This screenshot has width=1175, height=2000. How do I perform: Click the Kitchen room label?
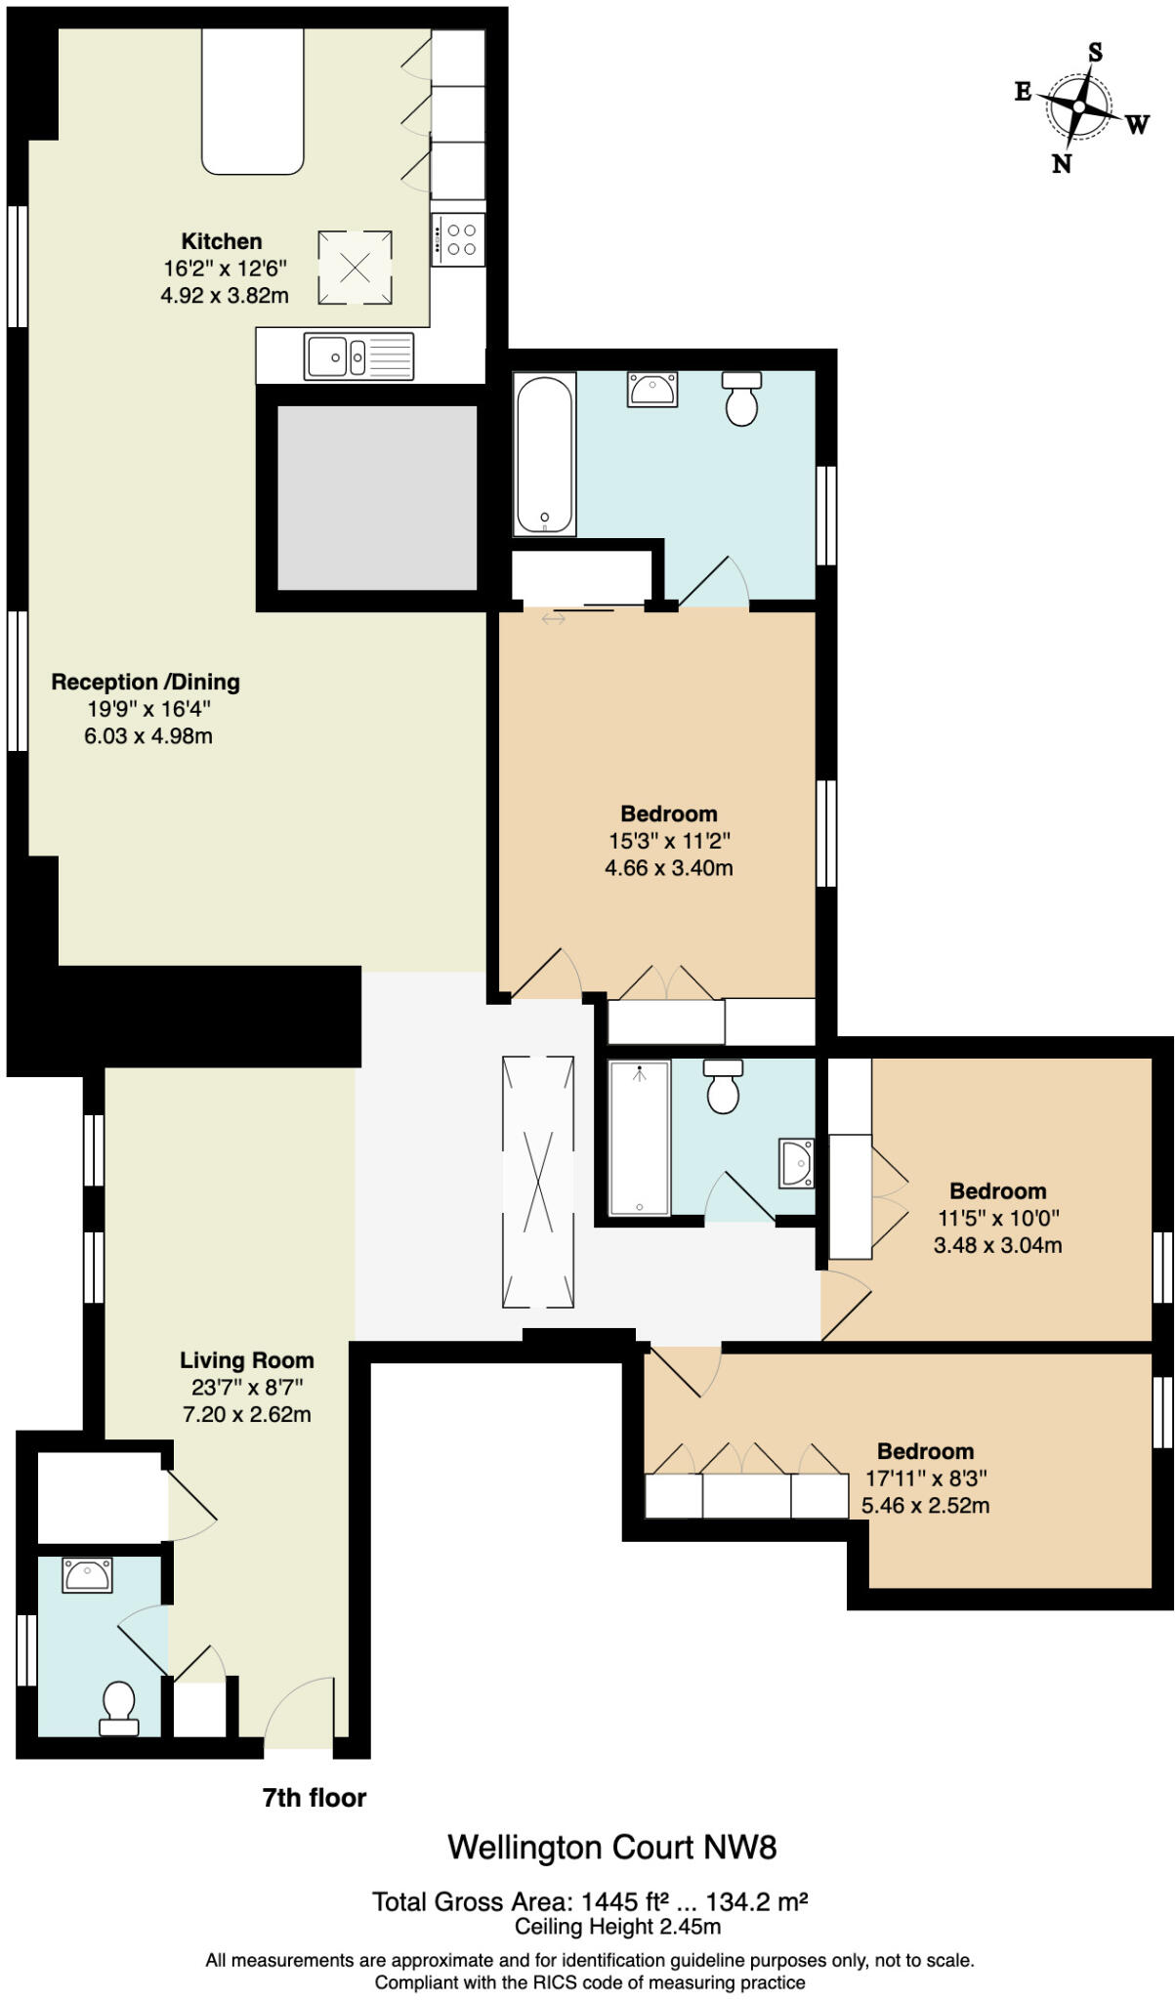tap(222, 241)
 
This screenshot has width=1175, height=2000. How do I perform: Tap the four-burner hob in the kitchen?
tap(458, 239)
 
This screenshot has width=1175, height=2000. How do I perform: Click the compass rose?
tap(1078, 106)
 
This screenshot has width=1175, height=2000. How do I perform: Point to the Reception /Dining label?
tap(146, 682)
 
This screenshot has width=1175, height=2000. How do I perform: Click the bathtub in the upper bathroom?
tap(544, 454)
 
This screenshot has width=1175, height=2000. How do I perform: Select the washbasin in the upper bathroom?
tap(652, 389)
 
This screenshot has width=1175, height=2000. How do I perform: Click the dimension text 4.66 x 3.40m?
tap(669, 867)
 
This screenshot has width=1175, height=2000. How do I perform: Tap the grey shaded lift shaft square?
tap(377, 498)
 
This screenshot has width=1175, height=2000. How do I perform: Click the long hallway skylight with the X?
tap(537, 1181)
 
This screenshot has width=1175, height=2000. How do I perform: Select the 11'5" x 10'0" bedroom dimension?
tap(998, 1218)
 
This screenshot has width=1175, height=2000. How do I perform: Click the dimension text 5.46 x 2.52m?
tap(925, 1505)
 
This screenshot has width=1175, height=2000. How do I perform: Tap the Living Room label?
tap(247, 1359)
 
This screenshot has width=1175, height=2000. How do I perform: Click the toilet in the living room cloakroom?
tap(119, 1708)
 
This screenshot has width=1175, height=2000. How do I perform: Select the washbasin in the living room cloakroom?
tap(87, 1574)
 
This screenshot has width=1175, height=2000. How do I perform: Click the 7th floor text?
tap(315, 1798)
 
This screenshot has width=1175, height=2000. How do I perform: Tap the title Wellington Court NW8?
tap(611, 1848)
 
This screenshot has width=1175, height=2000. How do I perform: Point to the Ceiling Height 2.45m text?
tap(617, 1927)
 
